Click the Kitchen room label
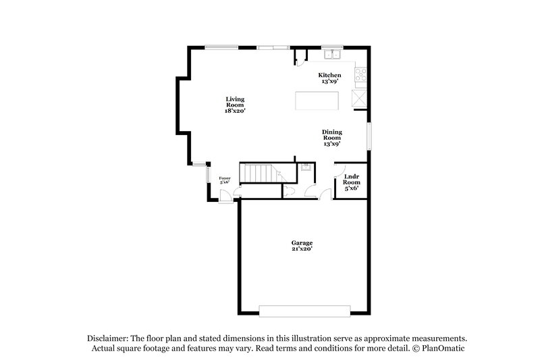pos(329,75)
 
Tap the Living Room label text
pos(235,105)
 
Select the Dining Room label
pos(331,138)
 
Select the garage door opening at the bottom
pos(305,311)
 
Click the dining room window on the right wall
pos(369,136)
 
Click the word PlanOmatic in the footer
pos(442,348)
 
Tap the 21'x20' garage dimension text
pos(302,249)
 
